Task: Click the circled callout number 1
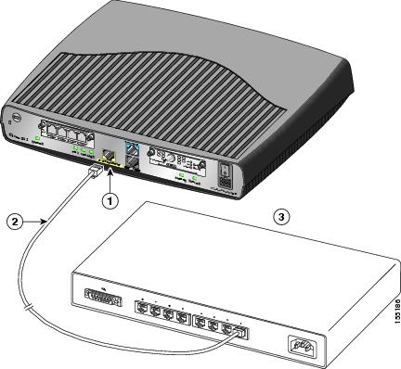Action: pyautogui.click(x=110, y=198)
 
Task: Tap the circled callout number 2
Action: pyautogui.click(x=12, y=220)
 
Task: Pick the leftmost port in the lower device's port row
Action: pyautogui.click(x=145, y=307)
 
